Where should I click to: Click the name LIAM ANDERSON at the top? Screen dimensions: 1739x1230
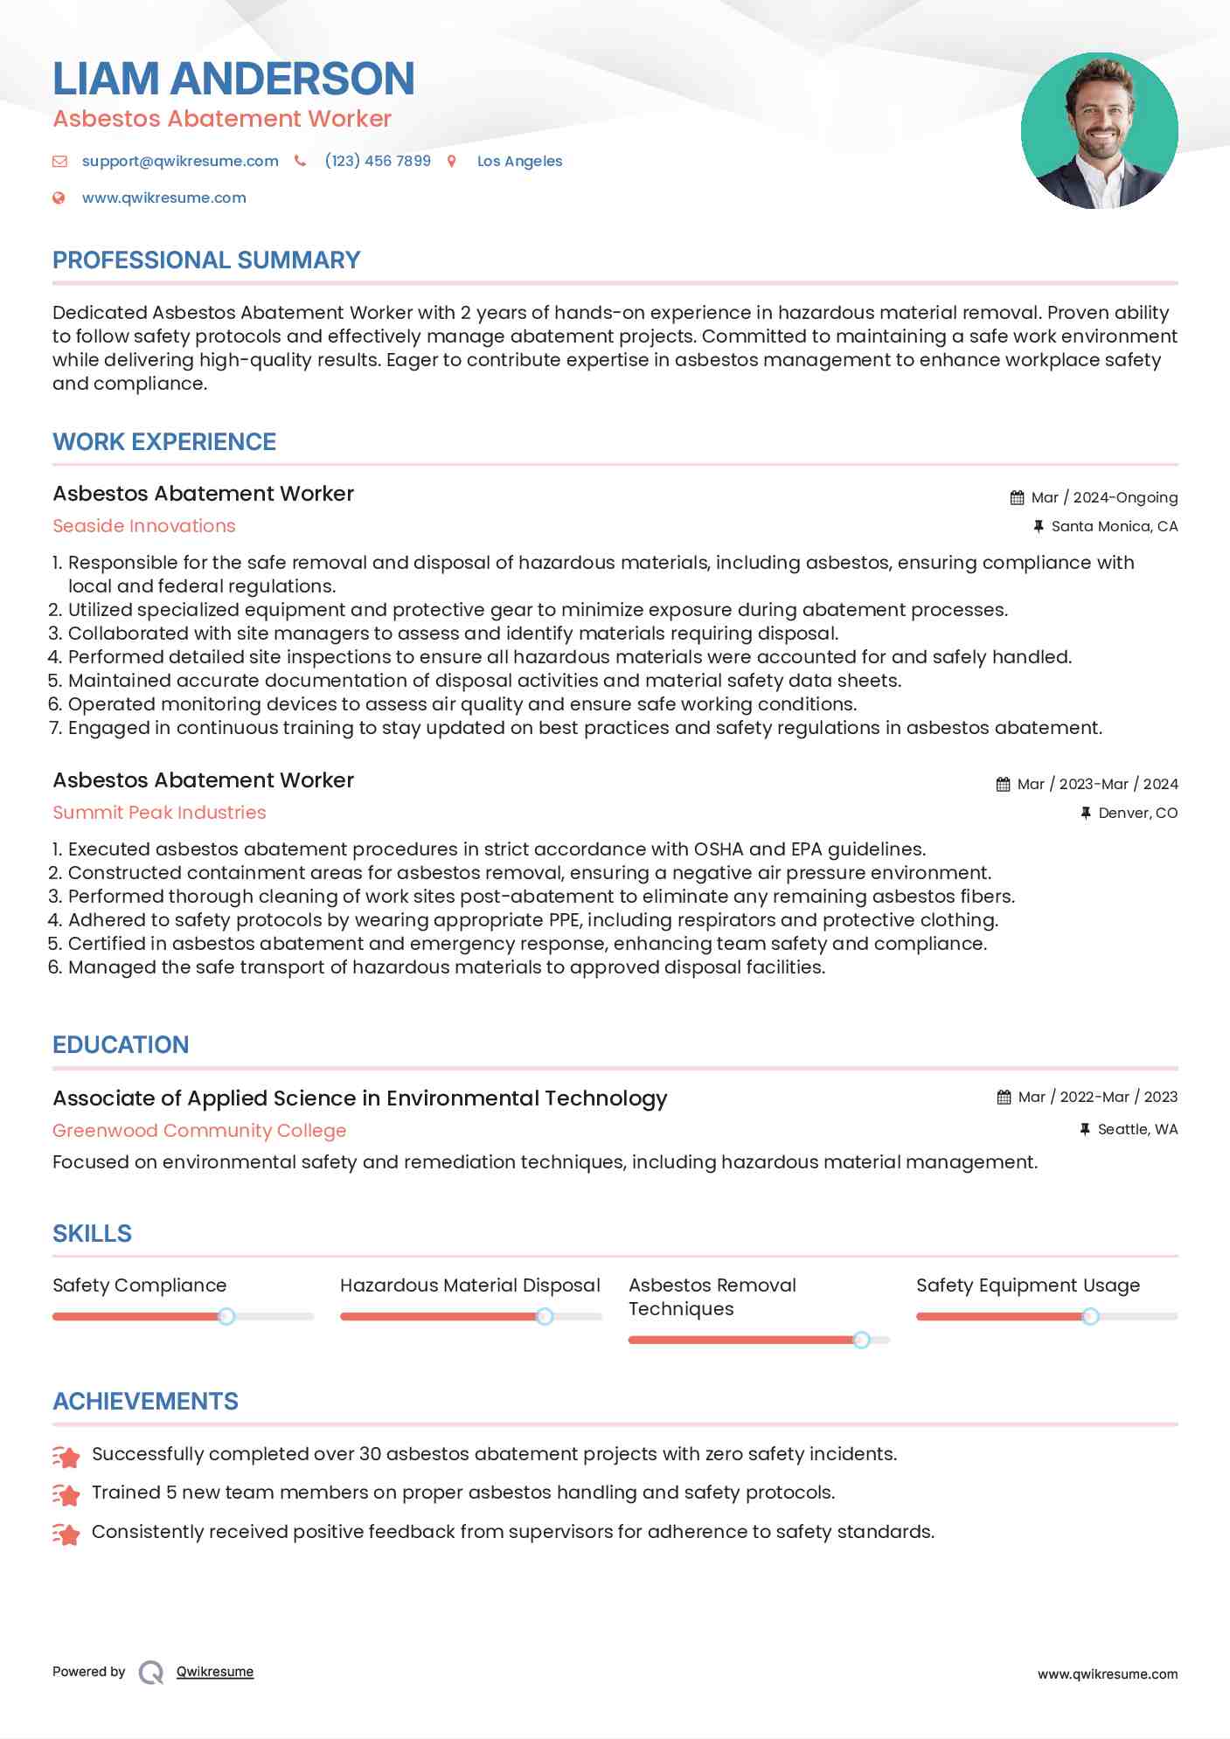[233, 79]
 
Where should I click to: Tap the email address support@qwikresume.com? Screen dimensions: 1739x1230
[180, 161]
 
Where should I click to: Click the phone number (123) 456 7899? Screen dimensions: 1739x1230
[378, 161]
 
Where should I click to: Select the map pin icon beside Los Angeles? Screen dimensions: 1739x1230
[452, 161]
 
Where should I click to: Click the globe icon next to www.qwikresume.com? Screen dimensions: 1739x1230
[59, 198]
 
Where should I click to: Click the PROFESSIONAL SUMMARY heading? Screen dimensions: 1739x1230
[206, 260]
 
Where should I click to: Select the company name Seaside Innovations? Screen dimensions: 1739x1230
[144, 526]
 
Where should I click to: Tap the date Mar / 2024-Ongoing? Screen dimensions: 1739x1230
[1104, 497]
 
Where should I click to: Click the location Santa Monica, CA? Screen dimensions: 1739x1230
[1114, 526]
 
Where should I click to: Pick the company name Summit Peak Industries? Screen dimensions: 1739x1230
[159, 813]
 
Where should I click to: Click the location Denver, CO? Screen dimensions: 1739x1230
[1137, 813]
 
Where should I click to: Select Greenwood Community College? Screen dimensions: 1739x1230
[199, 1131]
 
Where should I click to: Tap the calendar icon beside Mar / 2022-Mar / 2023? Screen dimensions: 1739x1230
[1004, 1098]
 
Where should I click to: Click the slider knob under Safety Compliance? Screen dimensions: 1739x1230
[226, 1316]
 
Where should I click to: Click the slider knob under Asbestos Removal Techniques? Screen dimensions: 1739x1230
[861, 1340]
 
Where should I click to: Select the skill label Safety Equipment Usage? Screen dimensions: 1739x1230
[1028, 1285]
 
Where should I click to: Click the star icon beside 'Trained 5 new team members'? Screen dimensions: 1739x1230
[66, 1494]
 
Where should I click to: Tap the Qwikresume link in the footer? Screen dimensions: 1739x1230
[215, 1672]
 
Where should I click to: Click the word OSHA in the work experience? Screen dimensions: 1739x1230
[718, 849]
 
